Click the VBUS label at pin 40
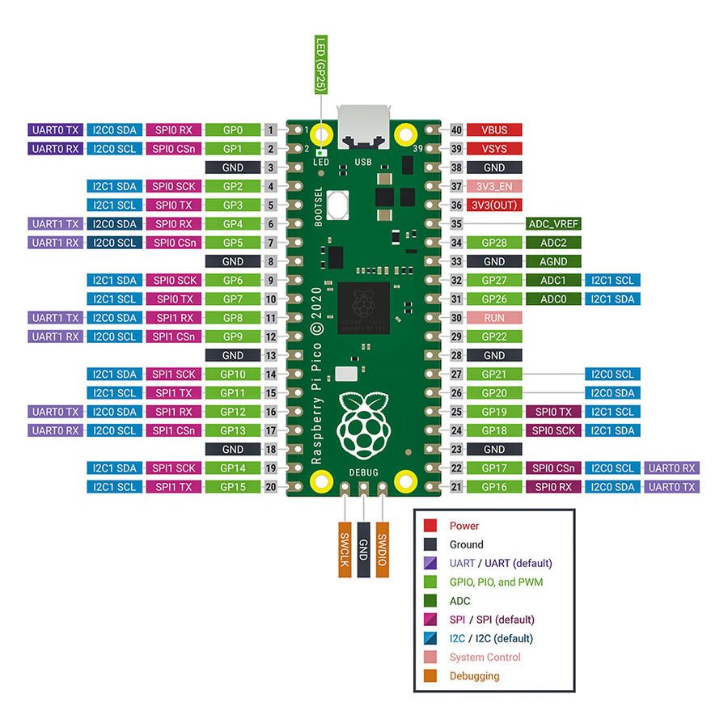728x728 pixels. click(493, 130)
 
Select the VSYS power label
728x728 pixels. click(493, 149)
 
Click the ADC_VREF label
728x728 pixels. click(553, 224)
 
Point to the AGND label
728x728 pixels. click(553, 261)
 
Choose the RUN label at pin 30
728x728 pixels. click(493, 318)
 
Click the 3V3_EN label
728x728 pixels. click(493, 187)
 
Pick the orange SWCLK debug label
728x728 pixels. click(345, 549)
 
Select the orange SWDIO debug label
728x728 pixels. click(383, 549)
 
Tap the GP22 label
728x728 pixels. click(493, 336)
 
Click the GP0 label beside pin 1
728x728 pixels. click(232, 130)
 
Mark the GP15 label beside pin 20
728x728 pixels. click(232, 487)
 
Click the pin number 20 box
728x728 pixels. click(270, 487)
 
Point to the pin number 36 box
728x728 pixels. click(456, 205)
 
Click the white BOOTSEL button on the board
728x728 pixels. click(339, 205)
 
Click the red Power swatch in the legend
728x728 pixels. click(431, 526)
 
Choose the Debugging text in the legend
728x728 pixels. click(474, 676)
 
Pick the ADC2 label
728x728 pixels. click(553, 243)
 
